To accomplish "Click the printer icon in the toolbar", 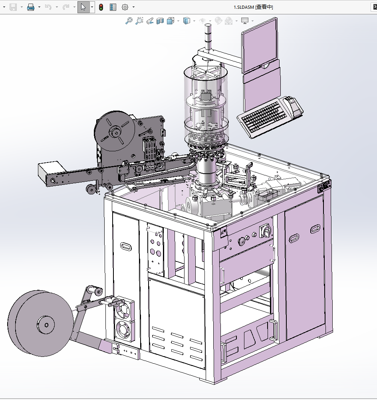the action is tap(31, 7).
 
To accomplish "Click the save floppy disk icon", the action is tap(13, 7).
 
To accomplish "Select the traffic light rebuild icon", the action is tap(101, 7).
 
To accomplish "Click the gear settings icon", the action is tap(125, 7).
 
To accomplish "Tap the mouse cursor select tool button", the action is tap(83, 7).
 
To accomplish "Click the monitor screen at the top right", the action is tap(259, 46).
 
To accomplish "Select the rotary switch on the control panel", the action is tap(266, 231).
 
